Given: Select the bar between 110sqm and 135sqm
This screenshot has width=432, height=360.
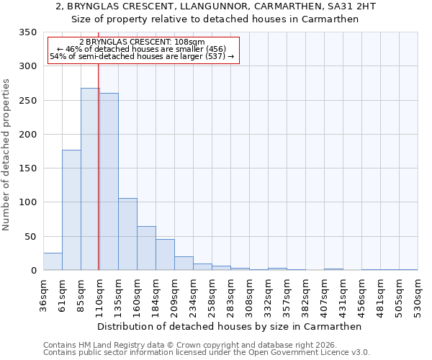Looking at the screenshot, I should coord(109,181).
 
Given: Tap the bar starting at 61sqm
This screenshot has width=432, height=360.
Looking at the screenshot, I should coord(71,210).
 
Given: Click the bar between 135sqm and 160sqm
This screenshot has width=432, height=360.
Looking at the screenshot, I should coord(127,234).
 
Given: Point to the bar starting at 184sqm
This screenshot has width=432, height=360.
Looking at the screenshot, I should coord(165,255).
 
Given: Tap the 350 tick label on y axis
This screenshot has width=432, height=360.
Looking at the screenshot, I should coord(27,32).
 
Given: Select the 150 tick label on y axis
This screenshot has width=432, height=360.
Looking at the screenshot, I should coord(27,168).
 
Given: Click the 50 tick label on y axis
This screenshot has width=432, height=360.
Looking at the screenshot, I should coord(30,236).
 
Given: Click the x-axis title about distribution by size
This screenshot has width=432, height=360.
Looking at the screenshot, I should coord(229,326).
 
